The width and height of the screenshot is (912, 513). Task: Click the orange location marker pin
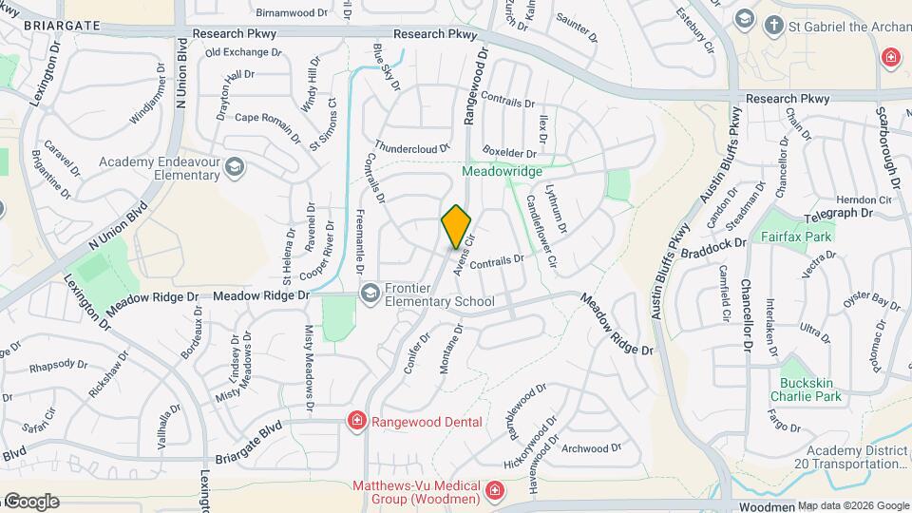[x=457, y=227]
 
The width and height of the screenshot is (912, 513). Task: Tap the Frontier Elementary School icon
[x=368, y=293]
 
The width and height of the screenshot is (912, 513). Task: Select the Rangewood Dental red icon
[x=356, y=421]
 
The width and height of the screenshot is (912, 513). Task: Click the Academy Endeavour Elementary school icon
[x=234, y=168]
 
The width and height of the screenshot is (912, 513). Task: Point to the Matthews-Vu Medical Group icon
[x=494, y=490]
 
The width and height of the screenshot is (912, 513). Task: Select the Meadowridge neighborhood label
[x=502, y=171]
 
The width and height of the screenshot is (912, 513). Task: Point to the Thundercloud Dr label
[x=411, y=149]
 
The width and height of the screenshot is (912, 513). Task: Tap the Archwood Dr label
[x=591, y=447]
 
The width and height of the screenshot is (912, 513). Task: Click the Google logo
[x=30, y=502]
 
